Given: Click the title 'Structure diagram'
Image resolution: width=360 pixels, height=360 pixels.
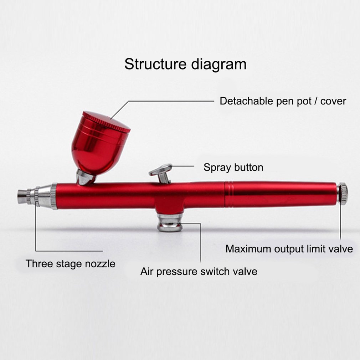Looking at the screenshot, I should point(185,65).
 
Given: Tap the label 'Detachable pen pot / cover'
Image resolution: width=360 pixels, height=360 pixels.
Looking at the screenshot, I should point(283,101).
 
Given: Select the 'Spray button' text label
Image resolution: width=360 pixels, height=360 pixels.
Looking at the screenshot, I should point(233,167).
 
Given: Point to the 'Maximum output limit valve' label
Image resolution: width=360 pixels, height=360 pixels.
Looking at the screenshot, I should point(289,248).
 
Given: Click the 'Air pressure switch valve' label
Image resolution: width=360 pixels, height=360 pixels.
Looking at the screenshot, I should point(199,272).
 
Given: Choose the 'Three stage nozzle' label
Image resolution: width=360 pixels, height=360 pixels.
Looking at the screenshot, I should point(71,264).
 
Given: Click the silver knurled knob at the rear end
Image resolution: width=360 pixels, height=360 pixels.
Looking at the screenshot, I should point(343,194).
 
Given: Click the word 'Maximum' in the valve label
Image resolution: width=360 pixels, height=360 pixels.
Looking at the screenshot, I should point(248,248).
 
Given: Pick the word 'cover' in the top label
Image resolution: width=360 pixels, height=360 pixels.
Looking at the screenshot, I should point(333,101).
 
